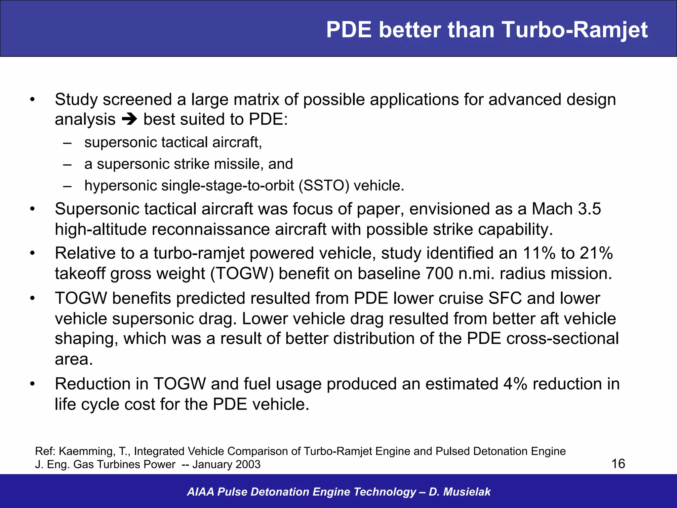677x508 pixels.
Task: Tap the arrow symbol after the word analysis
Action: pos(129,119)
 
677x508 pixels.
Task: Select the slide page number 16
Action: pos(618,464)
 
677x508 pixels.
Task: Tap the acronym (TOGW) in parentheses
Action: pos(243,274)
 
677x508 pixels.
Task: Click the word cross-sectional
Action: pos(562,339)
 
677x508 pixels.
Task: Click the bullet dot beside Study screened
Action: pos(32,100)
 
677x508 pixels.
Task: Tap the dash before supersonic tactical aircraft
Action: pos(67,143)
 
